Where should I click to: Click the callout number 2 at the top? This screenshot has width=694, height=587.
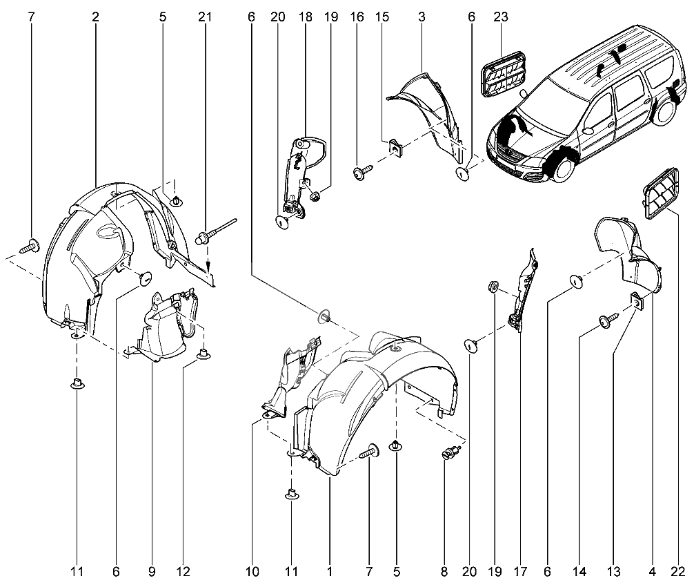(95, 16)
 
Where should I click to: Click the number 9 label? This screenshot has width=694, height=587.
(152, 572)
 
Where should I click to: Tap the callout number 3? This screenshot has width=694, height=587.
(421, 16)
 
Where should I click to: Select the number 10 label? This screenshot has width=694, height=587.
(252, 572)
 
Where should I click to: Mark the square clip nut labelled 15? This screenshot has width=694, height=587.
(395, 146)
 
